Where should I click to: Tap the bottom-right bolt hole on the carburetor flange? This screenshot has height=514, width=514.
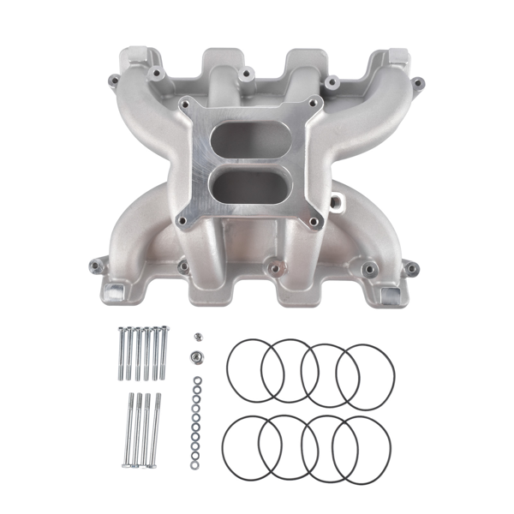(x=314, y=222)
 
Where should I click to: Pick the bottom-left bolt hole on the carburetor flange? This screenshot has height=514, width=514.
(x=182, y=221)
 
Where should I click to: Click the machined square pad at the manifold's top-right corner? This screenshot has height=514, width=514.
(x=397, y=59)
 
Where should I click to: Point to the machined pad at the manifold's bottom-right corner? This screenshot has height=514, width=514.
(x=392, y=295)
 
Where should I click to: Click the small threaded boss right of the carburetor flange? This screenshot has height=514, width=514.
(x=335, y=206)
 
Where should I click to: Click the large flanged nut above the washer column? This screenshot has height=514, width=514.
(x=195, y=354)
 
